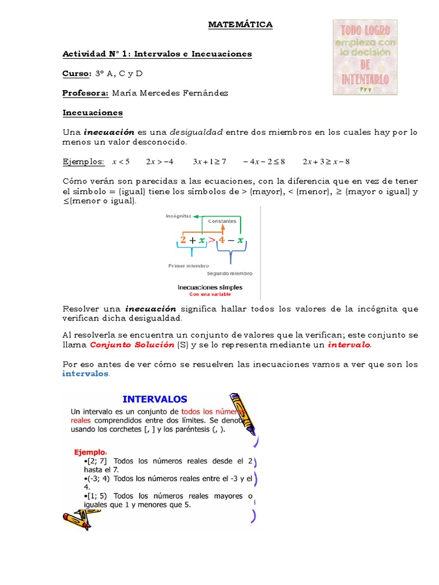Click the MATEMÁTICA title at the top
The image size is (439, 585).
(240, 25)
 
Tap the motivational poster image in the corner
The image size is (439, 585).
(365, 57)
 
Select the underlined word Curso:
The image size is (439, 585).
(77, 74)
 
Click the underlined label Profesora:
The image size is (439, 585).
(86, 93)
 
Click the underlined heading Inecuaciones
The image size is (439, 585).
(92, 113)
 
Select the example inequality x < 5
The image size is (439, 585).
(121, 162)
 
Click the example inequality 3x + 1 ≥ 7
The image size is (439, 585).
(210, 162)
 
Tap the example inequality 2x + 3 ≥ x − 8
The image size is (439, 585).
(326, 162)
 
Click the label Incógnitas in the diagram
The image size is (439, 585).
(178, 217)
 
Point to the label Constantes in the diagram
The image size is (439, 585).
(222, 221)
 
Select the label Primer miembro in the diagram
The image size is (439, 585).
(189, 266)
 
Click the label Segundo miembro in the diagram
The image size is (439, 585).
(229, 273)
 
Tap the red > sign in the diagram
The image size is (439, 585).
(212, 241)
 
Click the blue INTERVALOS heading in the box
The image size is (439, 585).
(155, 399)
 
